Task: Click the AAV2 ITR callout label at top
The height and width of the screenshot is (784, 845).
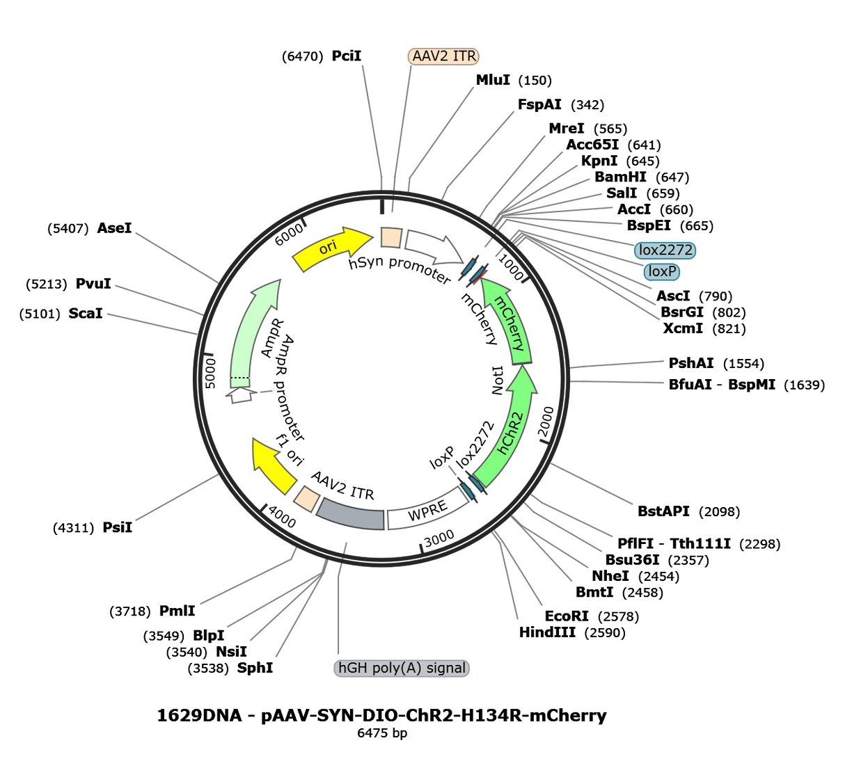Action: tap(443, 56)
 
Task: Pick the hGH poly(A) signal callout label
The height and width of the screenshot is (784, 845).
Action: tap(402, 668)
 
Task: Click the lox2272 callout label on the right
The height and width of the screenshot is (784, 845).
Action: tap(665, 250)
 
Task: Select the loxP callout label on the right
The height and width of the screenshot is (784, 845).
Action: tap(662, 271)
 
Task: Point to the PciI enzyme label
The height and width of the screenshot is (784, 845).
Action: tap(347, 56)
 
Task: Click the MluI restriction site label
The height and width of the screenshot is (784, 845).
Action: tap(493, 80)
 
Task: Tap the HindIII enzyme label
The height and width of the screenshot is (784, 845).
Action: tap(547, 632)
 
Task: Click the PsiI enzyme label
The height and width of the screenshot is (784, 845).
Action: tap(118, 527)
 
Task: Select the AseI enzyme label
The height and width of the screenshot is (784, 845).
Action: tap(114, 228)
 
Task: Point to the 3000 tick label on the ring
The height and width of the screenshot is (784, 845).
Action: tap(439, 538)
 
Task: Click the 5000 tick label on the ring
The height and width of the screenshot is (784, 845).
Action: tap(211, 373)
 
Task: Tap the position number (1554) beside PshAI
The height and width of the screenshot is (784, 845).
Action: tap(744, 364)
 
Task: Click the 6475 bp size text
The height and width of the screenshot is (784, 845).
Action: tap(382, 733)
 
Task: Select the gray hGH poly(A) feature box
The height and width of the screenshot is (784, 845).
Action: tap(349, 514)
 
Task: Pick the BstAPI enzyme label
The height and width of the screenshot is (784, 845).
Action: tap(663, 511)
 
